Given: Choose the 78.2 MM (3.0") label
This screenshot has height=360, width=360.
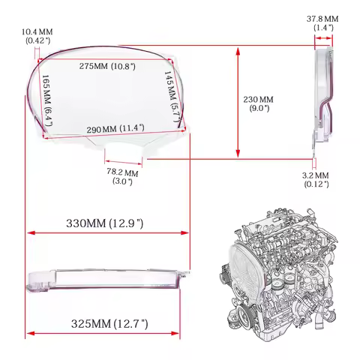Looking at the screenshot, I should pos(122,177).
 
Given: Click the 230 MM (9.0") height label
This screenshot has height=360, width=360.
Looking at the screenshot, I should pos(259,103).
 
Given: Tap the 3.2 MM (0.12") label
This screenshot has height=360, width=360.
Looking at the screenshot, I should pos(316,179).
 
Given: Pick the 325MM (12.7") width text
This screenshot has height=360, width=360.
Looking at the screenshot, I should pos(109,324).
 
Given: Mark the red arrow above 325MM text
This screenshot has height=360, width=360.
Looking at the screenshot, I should pos(105,334).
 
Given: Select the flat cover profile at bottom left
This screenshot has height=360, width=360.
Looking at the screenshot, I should pos(105,280).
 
